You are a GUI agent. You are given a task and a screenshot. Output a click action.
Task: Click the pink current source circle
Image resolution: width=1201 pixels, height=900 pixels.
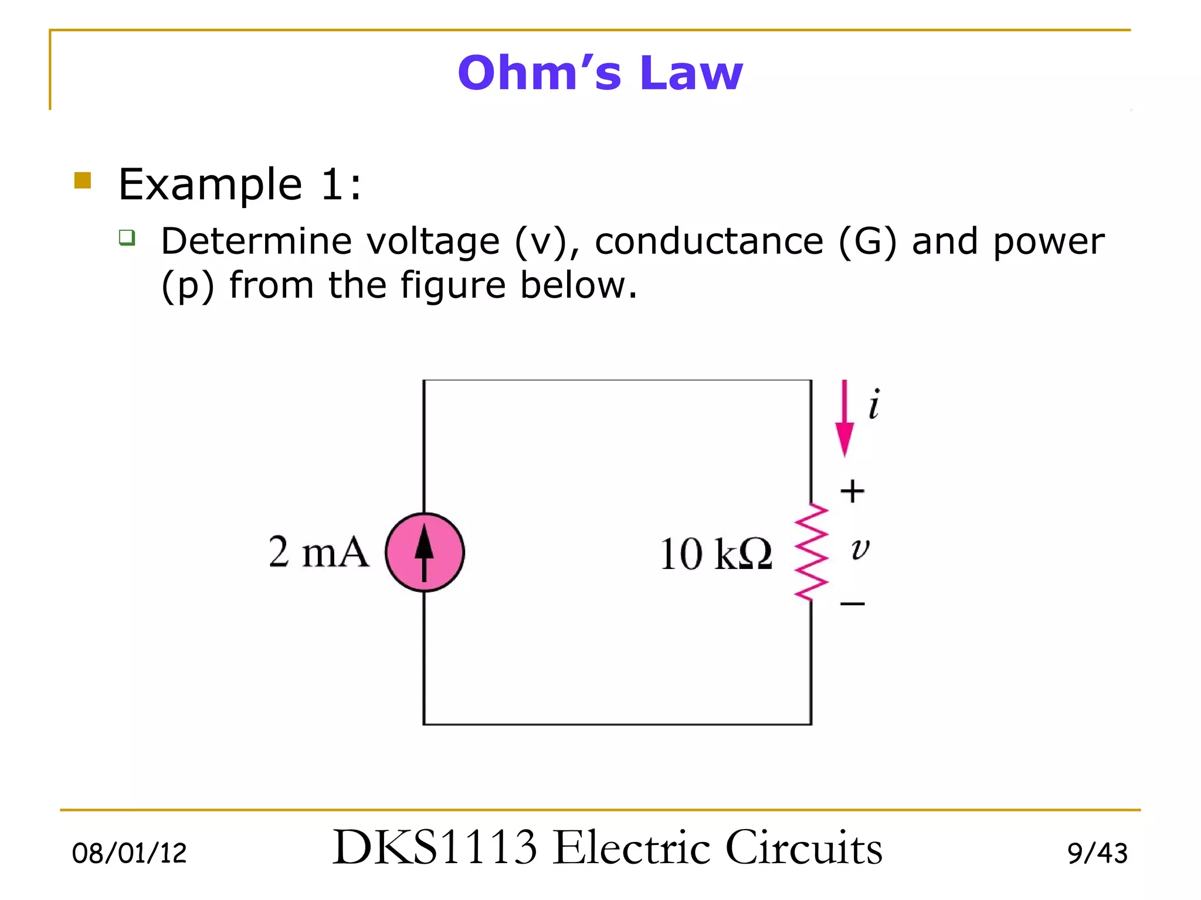pos(425,552)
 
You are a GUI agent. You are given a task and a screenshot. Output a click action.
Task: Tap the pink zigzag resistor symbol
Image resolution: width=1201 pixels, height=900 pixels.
pos(812,552)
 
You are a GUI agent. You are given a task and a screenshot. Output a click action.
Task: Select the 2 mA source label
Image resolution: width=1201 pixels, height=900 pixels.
pos(319,552)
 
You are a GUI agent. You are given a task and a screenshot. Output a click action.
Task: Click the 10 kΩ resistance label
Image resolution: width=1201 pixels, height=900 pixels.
pos(715,554)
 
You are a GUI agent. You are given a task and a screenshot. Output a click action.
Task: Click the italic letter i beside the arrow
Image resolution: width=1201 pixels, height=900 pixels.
pos(874,404)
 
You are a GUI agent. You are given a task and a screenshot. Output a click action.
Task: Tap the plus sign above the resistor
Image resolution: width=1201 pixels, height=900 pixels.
pos(852,491)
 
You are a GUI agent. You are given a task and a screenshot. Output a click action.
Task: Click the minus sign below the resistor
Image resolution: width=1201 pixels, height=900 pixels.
pos(852,603)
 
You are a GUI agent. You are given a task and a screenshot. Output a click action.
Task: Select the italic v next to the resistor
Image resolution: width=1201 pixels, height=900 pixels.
pos(860,549)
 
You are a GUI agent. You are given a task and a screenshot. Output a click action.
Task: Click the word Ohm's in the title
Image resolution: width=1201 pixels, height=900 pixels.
pos(539,73)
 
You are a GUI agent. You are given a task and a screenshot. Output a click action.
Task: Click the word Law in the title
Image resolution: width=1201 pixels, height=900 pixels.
pos(692,73)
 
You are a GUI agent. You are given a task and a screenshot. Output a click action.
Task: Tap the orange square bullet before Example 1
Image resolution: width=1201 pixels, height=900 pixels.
pos(83,180)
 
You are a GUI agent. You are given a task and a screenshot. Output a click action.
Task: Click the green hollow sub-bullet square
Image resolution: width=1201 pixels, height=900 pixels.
pos(127,237)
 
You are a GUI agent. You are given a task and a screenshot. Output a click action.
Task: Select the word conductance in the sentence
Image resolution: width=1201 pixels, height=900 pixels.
pos(709,241)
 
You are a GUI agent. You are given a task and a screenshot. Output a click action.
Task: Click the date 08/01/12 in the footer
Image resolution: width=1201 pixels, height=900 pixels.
pos(129,853)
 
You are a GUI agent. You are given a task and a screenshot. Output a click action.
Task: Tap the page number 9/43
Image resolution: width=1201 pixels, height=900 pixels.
pos(1097,853)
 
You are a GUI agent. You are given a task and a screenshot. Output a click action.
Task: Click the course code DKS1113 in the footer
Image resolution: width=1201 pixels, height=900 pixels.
pos(435,847)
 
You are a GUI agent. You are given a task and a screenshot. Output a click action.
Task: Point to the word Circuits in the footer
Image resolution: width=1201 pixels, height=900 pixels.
pos(803,847)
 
